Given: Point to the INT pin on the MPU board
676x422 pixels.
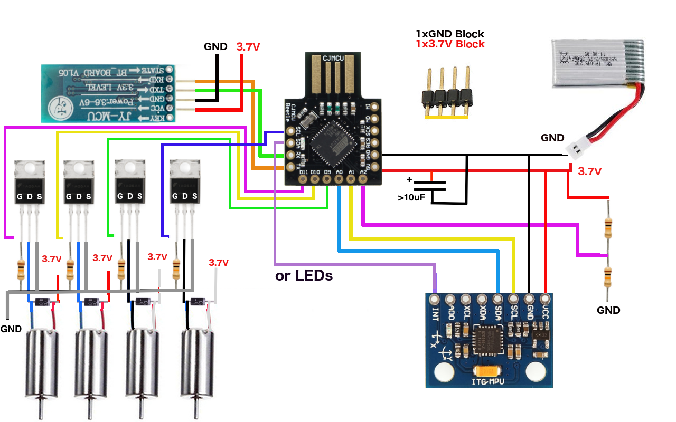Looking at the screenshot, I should (435, 300).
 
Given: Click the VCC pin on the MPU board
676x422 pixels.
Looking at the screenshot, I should (546, 300).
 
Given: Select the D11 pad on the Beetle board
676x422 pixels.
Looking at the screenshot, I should (303, 179).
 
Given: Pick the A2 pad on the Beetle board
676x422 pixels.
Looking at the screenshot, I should (363, 179).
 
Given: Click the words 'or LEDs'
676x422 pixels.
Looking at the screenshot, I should (304, 275).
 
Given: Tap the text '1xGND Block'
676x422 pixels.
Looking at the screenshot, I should (449, 34).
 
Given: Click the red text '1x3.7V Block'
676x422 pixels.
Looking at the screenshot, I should (449, 44).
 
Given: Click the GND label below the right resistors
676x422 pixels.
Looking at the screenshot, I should (608, 310).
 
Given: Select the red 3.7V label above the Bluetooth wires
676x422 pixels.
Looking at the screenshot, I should (248, 47).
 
